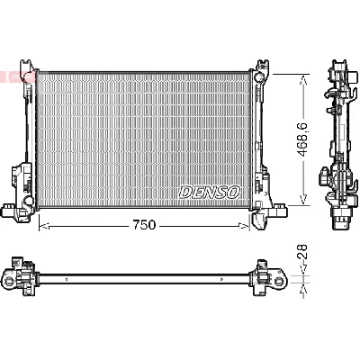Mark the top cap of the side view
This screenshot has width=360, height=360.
click(x=339, y=67)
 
